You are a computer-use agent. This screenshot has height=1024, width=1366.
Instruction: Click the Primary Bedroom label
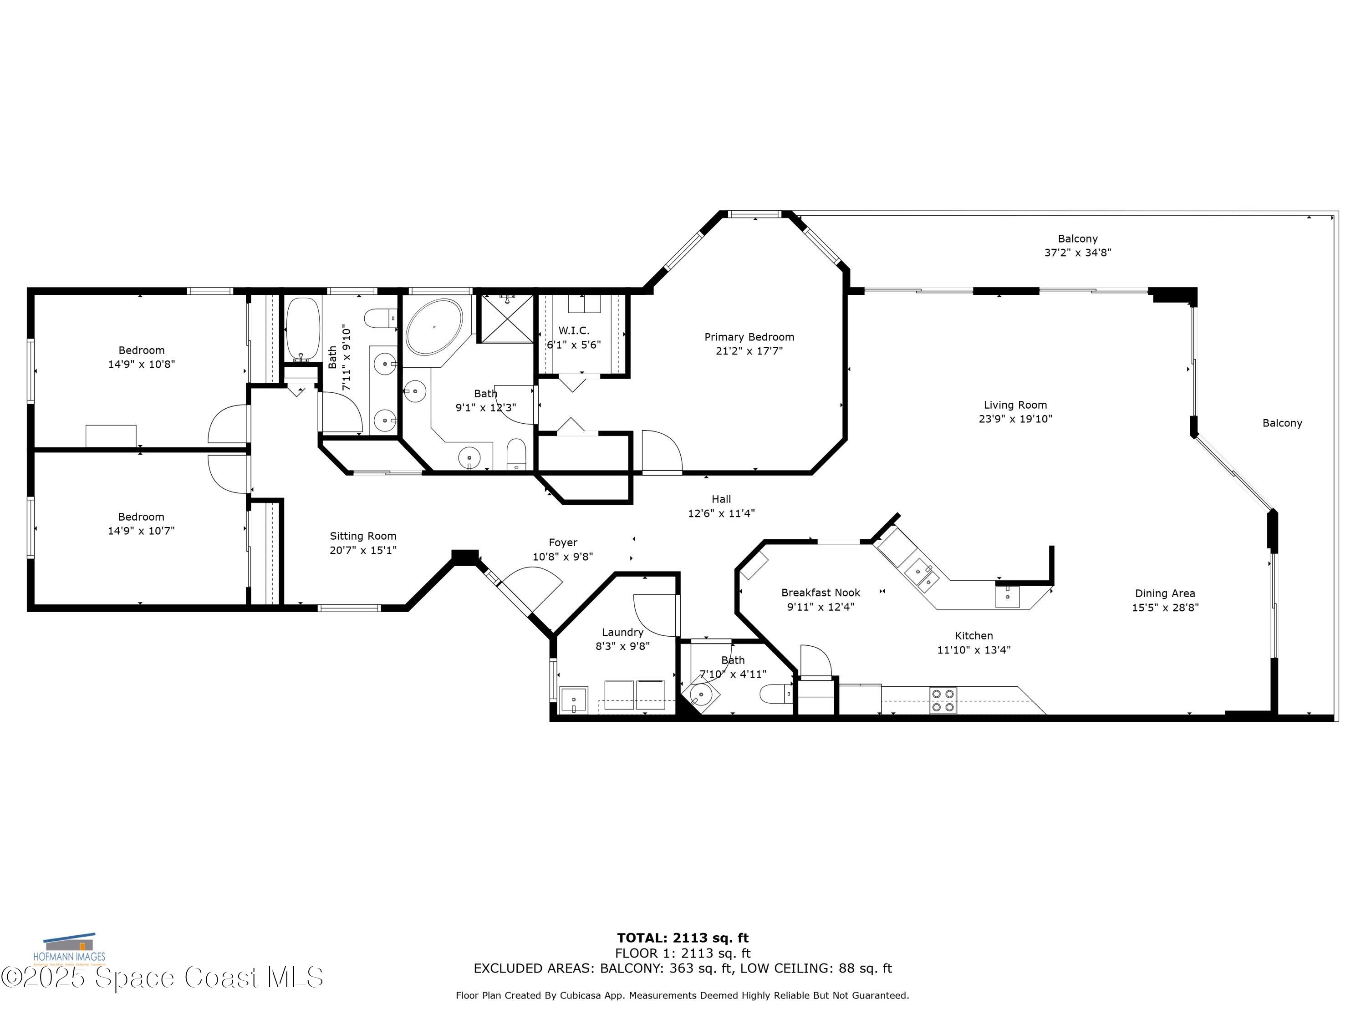point(749,337)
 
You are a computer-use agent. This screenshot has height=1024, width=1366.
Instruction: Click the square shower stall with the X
point(506,319)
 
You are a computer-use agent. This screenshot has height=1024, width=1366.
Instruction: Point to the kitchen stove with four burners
point(943,700)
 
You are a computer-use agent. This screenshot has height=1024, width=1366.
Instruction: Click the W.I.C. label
point(574,331)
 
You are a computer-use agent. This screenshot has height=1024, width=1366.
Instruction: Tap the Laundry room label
point(622,632)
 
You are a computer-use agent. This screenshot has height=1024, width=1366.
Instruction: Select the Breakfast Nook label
point(820,593)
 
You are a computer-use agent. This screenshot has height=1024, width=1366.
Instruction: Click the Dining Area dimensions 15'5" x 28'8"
point(1165,608)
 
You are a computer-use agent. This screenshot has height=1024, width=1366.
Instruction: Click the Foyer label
point(563,542)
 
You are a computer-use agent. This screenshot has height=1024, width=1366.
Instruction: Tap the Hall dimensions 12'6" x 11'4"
point(721,513)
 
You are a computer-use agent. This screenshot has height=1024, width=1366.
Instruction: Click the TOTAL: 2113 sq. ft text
point(683,938)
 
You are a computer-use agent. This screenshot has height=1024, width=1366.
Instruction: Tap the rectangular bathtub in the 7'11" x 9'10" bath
point(302,330)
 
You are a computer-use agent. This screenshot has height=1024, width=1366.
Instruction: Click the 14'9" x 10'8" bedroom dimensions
point(142,364)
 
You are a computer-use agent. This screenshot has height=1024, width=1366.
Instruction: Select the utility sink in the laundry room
point(574,700)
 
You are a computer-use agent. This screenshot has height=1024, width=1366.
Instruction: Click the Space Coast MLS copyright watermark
point(162,978)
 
